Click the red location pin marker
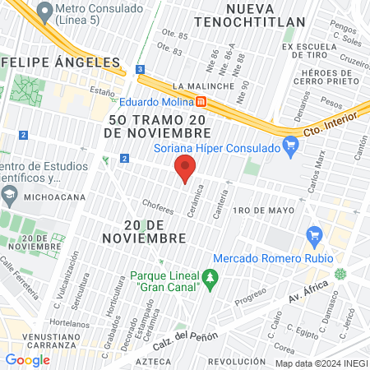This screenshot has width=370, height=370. click(x=186, y=168)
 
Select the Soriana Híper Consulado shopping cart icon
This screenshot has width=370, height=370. click(x=289, y=148)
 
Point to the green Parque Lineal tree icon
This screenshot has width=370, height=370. click(x=211, y=278)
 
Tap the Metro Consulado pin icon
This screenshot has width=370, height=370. click(x=43, y=14)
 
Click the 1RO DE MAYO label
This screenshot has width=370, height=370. click(x=263, y=210)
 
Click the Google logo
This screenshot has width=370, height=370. click(x=28, y=359)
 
